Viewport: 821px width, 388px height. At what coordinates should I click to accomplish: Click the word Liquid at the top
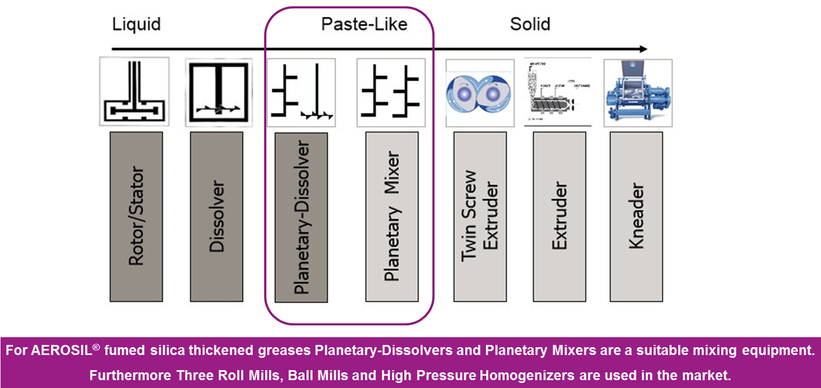pos(136,25)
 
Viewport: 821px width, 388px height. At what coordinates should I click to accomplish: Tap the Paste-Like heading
pos(364,25)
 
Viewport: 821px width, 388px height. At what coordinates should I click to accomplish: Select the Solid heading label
pos(530,25)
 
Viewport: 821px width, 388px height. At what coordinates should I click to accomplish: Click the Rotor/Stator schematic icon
pos(134,92)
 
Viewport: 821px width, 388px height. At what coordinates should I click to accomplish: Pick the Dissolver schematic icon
pos(218,92)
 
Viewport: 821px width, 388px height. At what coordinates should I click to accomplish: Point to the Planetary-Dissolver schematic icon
pos(301,92)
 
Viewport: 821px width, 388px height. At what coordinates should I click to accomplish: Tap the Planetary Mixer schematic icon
pos(391,92)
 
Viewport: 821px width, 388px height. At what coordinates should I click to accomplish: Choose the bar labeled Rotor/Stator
pos(136,216)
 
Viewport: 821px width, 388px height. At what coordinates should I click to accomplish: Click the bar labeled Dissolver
pos(216,216)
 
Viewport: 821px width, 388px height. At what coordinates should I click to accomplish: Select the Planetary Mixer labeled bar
pos(392,216)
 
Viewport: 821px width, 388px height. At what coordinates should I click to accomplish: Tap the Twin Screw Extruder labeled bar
pos(480,216)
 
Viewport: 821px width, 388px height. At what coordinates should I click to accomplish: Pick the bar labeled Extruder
pos(559,216)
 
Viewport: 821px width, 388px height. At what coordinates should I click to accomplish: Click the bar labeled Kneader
pos(636,216)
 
